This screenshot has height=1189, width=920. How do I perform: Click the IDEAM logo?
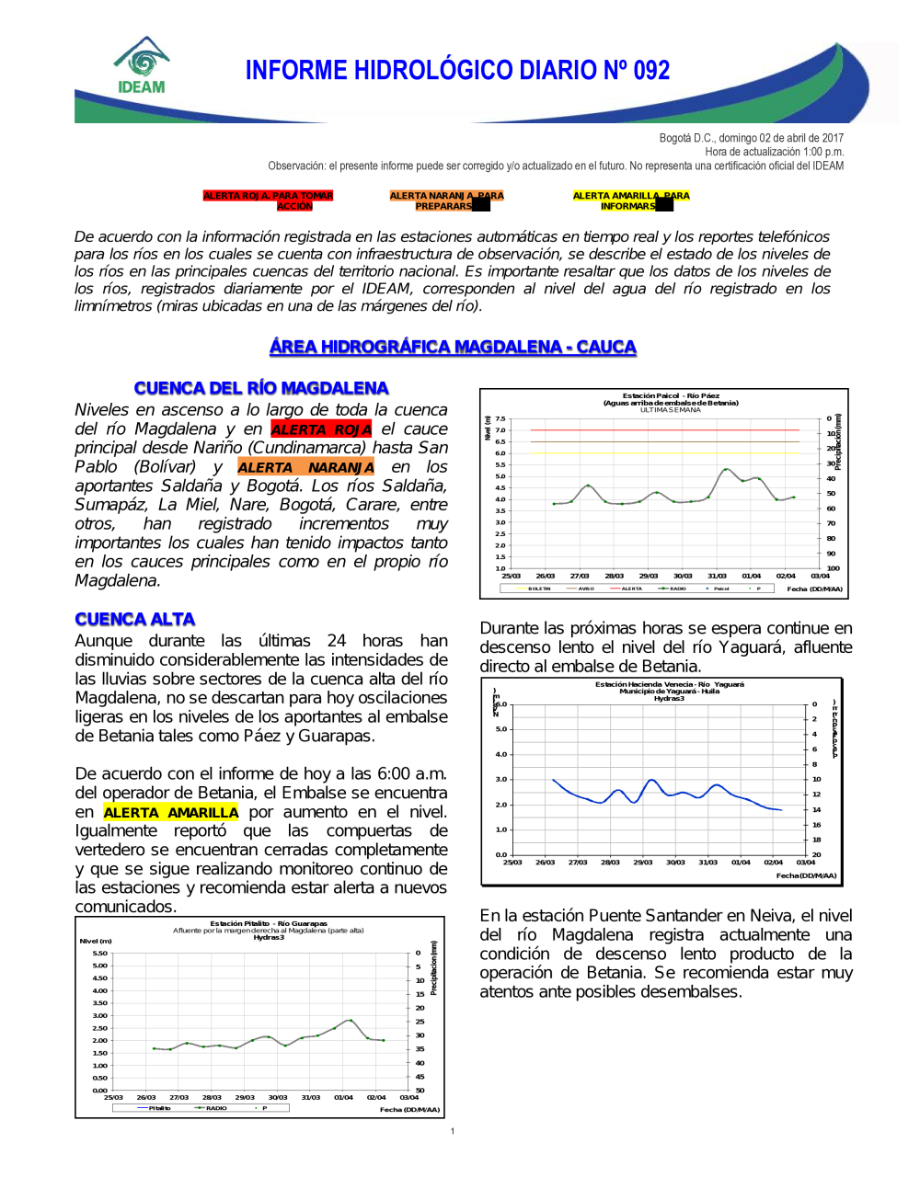142,66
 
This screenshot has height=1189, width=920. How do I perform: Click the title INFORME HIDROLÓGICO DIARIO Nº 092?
457,71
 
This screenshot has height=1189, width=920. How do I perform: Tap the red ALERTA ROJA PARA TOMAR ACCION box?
268,200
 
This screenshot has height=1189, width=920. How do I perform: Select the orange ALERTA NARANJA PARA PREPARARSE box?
446,200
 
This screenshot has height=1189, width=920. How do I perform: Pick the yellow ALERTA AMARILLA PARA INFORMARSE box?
630,200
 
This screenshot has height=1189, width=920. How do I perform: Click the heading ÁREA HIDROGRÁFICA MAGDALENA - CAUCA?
453,347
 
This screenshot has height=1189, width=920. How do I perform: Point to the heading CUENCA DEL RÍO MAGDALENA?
261,388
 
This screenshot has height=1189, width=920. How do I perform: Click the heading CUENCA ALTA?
135,619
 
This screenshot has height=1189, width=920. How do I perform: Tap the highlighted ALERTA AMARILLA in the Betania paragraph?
170,813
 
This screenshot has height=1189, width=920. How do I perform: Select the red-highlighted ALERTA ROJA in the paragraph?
321,429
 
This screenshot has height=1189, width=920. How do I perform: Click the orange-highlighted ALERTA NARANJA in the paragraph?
305,467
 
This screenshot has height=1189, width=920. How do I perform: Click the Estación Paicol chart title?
671,399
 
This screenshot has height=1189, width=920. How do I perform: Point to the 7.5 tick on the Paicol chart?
500,418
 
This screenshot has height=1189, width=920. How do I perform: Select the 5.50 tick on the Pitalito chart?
100,953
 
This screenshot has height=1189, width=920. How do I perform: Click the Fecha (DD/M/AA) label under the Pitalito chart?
409,1110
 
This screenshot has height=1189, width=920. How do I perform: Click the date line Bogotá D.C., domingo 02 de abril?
751,138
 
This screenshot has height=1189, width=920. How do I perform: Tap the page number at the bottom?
453,1131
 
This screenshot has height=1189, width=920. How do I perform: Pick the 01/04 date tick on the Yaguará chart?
741,863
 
